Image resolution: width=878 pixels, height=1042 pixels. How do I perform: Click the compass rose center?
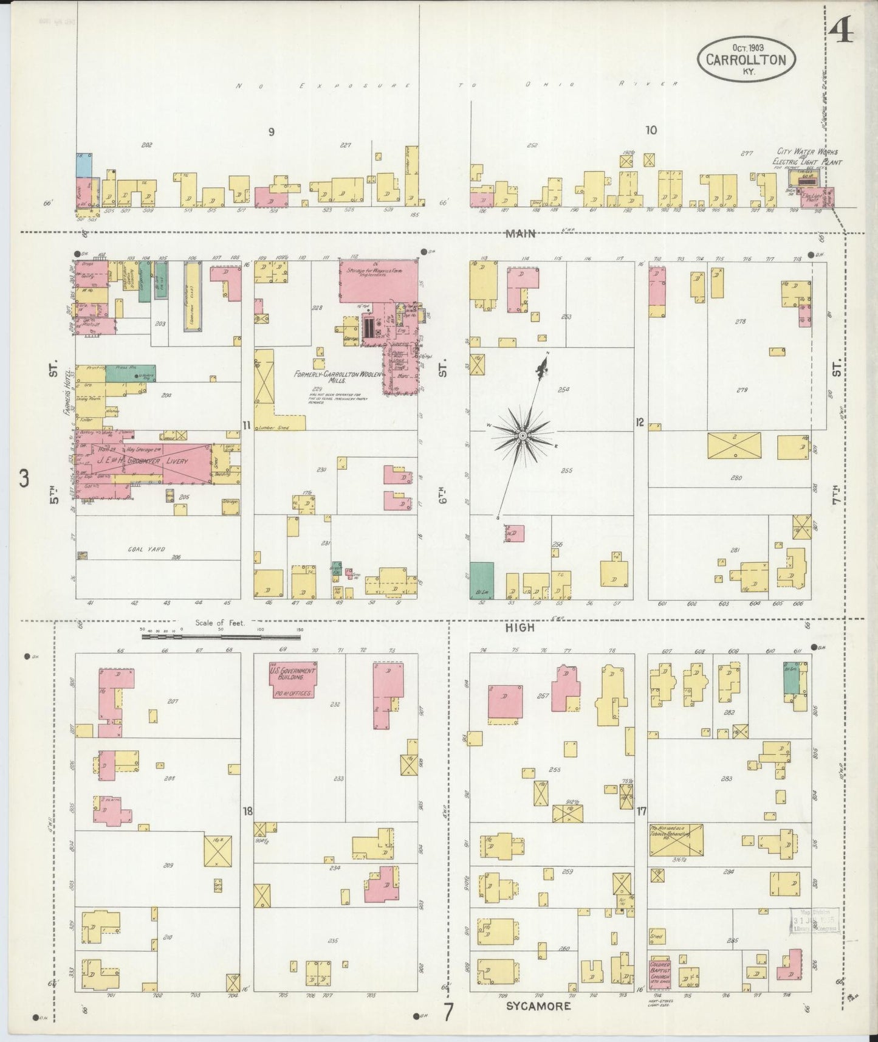coord(522,436)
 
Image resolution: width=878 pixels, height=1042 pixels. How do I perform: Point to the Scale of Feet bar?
coord(222,637)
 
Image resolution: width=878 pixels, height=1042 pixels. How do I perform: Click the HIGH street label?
coord(521,627)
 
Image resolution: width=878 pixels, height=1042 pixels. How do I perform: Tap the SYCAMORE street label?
coord(538,1006)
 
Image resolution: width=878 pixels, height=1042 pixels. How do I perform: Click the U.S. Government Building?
coord(292,680)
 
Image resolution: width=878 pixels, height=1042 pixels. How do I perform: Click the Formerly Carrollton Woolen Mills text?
coord(337,377)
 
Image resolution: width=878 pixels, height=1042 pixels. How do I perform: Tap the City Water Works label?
coord(808,151)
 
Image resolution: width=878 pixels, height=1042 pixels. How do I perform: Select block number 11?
coord(246,426)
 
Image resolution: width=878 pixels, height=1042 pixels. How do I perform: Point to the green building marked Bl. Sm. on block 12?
coord(482,581)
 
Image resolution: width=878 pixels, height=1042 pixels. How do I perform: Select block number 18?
coord(247,811)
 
